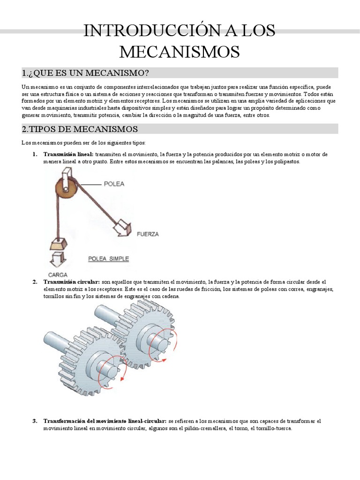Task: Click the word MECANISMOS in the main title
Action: (180, 52)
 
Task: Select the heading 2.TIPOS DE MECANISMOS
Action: (80, 129)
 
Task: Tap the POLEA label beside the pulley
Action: (114, 184)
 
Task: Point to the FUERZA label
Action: (148, 233)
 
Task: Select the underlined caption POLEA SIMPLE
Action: (108, 258)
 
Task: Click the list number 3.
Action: (35, 421)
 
